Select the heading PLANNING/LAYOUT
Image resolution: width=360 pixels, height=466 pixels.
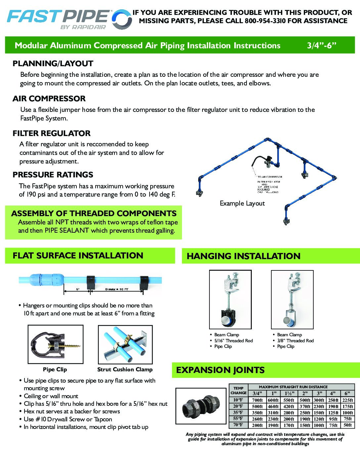[53, 64]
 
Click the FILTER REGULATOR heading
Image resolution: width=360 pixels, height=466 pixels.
[51, 133]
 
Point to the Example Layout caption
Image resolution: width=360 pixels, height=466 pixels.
[242, 203]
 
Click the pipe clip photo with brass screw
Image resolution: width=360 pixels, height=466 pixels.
[55, 345]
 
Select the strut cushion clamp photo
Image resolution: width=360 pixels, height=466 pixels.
[125, 345]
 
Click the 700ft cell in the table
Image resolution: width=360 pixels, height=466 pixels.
[257, 400]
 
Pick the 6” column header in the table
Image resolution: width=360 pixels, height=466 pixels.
[347, 394]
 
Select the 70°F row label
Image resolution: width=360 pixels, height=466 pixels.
[238, 425]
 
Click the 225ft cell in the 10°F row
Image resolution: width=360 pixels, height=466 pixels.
[347, 400]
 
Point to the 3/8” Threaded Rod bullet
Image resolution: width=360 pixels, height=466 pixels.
[295, 341]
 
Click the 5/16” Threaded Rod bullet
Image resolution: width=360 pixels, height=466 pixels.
[233, 341]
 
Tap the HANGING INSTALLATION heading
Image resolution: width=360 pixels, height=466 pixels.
[244, 256]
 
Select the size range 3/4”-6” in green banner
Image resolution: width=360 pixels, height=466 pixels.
[321, 45]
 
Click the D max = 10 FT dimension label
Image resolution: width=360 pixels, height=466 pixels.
[116, 289]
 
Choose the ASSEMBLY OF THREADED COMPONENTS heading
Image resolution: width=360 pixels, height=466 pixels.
[94, 213]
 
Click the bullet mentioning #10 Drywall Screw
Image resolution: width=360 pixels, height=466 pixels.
[68, 419]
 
